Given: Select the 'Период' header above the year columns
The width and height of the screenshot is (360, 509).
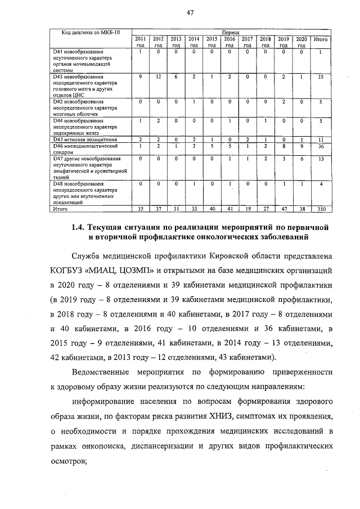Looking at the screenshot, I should pos(231,33).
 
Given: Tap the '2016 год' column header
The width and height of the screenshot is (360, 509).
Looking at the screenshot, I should pos(229,42).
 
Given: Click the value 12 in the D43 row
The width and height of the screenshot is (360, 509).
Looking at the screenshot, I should pos(158,77).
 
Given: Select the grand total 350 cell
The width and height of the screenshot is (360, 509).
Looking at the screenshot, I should pos(320,208).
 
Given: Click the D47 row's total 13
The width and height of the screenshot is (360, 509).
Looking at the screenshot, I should pos(320,159).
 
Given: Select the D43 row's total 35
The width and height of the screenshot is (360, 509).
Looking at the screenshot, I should pos(320,77).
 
